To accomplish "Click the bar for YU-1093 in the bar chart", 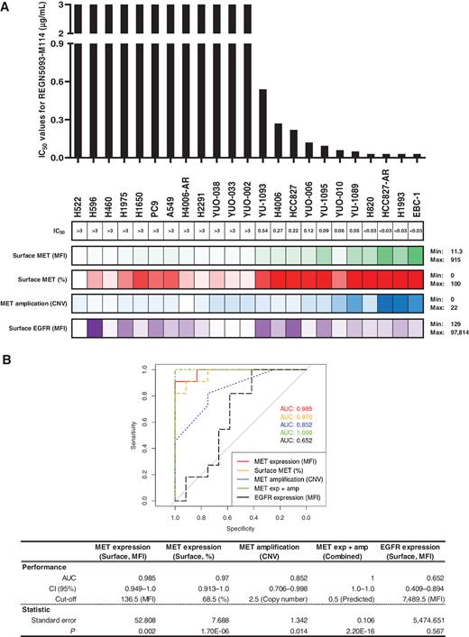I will point(262,123).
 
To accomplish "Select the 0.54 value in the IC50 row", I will point(262,232).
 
